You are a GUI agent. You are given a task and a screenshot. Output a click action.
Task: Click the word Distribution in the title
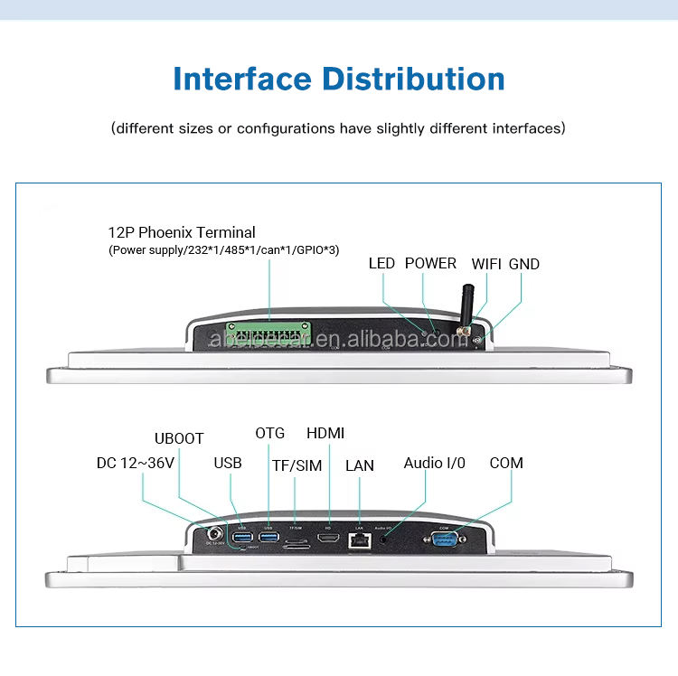(415, 79)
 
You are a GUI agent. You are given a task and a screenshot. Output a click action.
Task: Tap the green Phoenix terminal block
(269, 335)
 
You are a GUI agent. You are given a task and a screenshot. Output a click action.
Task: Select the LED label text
(381, 264)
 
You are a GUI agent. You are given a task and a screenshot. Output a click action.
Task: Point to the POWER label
(430, 263)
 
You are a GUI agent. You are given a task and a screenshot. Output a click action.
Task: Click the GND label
(524, 264)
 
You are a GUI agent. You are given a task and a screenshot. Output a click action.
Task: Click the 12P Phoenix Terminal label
(182, 232)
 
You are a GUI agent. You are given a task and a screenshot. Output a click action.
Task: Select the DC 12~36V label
(136, 463)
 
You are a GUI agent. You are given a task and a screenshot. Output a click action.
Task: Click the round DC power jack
(215, 535)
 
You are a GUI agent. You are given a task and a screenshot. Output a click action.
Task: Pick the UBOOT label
(179, 439)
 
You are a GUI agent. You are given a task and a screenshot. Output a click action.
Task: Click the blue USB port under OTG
(268, 538)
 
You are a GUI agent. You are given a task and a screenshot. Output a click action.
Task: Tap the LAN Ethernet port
(359, 540)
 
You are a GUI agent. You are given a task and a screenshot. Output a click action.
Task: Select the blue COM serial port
(445, 540)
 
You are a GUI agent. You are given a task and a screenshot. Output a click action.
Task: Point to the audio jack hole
(386, 540)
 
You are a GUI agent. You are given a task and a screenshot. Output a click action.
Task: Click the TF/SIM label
(297, 465)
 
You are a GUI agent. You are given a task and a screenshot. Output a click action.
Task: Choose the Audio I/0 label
(434, 463)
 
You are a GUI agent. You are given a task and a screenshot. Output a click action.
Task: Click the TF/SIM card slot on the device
(296, 543)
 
